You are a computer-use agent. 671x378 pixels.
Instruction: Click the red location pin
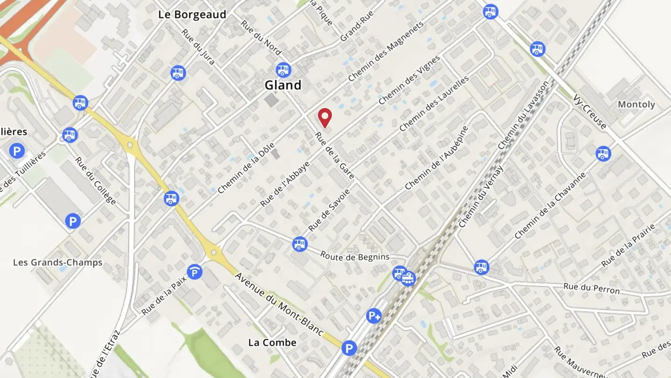pyautogui.click(x=324, y=117)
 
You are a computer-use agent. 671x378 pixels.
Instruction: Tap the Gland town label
pyautogui.click(x=283, y=85)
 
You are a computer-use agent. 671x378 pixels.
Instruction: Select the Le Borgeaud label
pyautogui.click(x=192, y=14)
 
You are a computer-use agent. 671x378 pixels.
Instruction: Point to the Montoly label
pyautogui.click(x=636, y=105)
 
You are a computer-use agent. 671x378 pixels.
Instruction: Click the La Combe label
pyautogui.click(x=272, y=343)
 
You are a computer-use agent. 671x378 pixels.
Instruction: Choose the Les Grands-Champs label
pyautogui.click(x=57, y=262)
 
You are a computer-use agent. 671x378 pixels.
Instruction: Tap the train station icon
pyautogui.click(x=408, y=279)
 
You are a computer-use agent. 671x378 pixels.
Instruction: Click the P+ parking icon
pyautogui.click(x=374, y=316)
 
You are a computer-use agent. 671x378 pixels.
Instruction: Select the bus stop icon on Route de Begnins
pyautogui.click(x=300, y=244)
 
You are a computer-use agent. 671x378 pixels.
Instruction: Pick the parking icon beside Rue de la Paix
pyautogui.click(x=194, y=272)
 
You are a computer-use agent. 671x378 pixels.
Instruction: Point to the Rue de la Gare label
pyautogui.click(x=335, y=156)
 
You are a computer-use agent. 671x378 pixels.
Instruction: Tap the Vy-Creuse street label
pyautogui.click(x=590, y=112)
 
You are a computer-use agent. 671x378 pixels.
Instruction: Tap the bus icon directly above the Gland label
pyautogui.click(x=283, y=70)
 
